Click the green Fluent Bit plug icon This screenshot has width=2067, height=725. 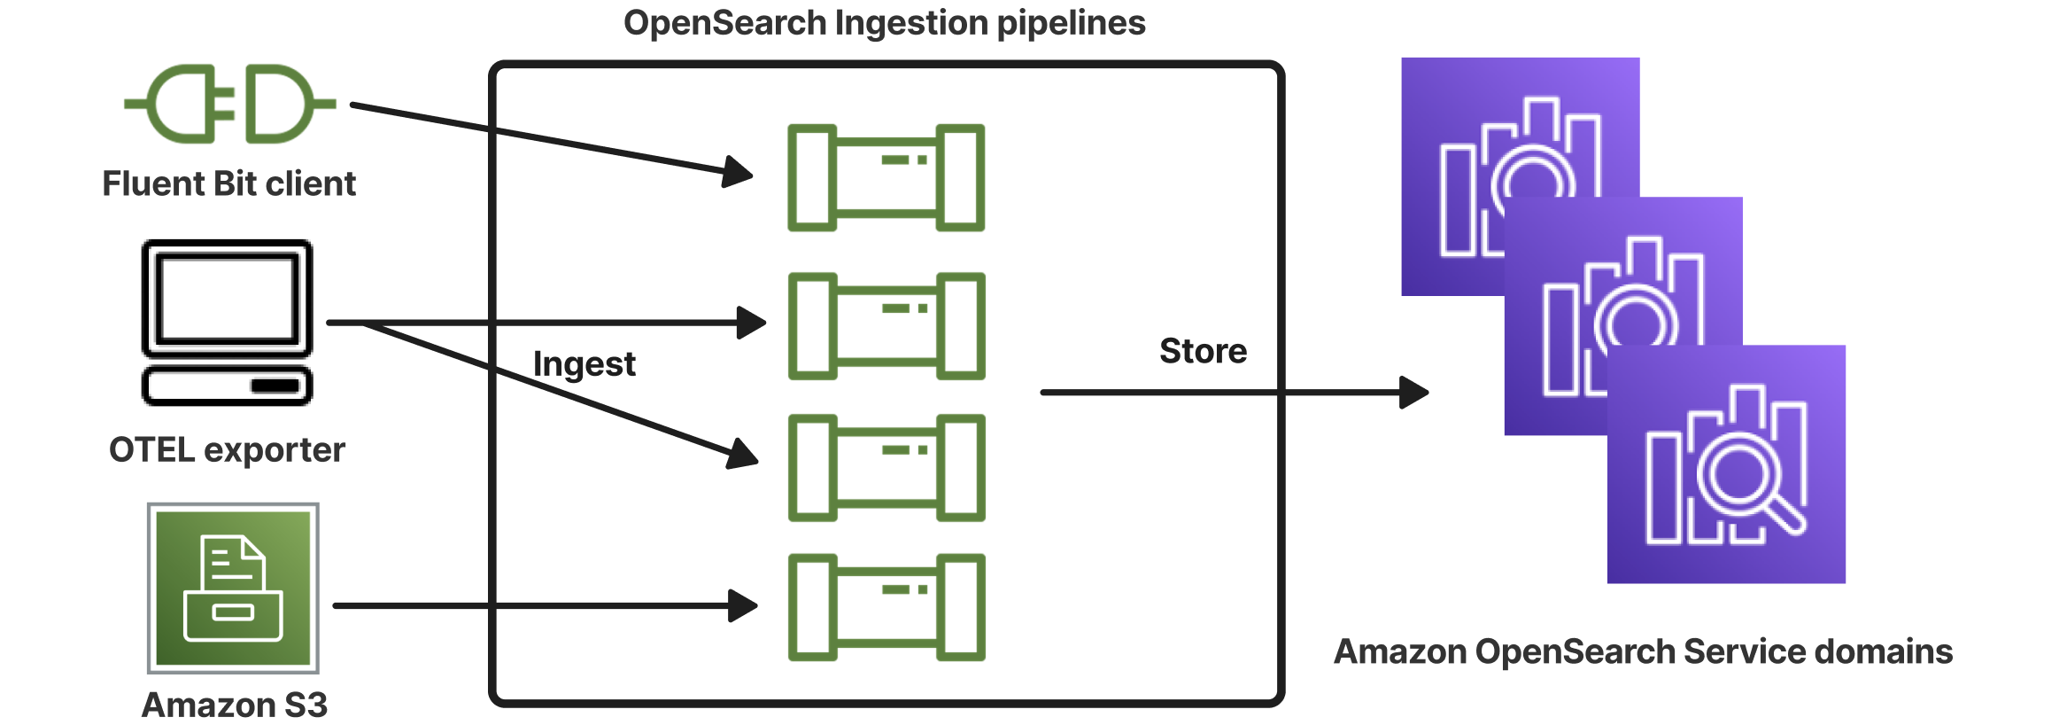click(229, 104)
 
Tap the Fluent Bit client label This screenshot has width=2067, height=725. click(228, 183)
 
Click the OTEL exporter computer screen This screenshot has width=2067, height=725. click(228, 299)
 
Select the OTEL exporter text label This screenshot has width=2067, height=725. click(227, 449)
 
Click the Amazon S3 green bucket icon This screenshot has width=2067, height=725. click(233, 589)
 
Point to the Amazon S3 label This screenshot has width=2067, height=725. click(235, 706)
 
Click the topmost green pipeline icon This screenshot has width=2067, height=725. click(886, 177)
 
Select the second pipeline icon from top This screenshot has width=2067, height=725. click(886, 326)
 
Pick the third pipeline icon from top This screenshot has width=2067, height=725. click(886, 467)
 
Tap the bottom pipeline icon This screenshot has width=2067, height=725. click(886, 607)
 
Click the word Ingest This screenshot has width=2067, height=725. click(584, 364)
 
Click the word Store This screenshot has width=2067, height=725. click(1203, 351)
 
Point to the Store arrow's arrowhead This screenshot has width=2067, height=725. click(1413, 392)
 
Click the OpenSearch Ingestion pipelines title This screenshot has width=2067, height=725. click(884, 23)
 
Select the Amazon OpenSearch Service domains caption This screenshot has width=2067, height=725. click(1643, 651)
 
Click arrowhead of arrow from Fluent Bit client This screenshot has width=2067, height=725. click(737, 172)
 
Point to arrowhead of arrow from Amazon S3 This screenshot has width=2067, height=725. click(742, 606)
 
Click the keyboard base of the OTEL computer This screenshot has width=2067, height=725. click(228, 386)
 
